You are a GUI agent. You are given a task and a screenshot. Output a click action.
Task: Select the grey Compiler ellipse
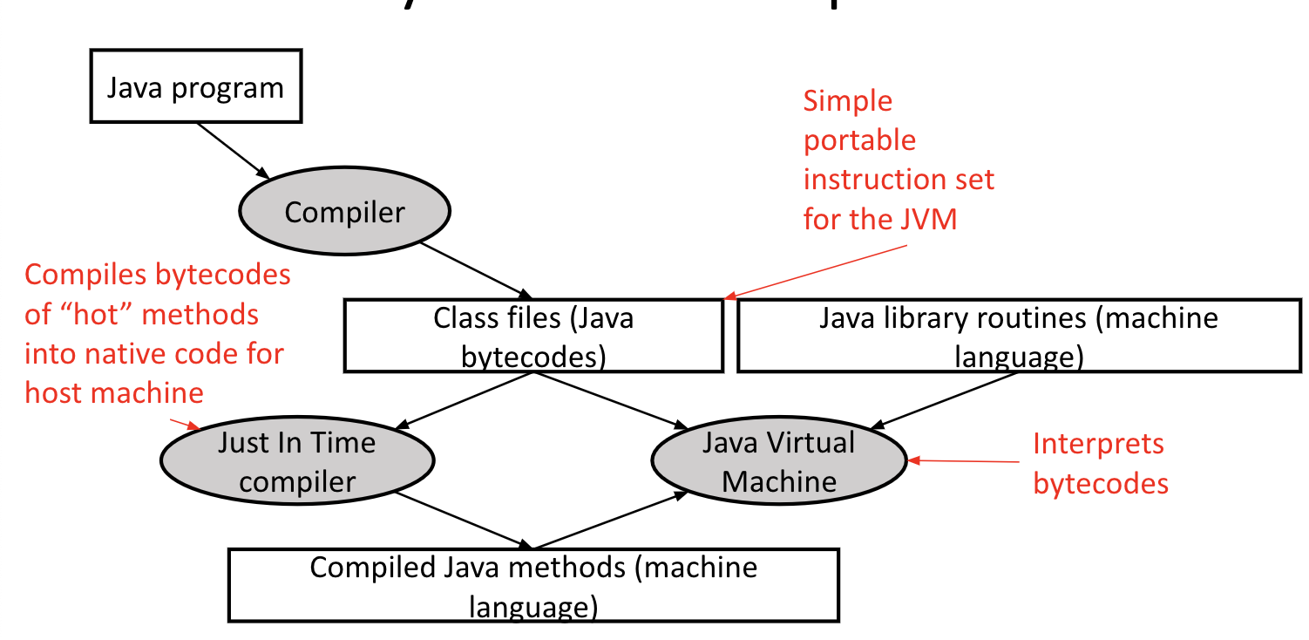coord(344,212)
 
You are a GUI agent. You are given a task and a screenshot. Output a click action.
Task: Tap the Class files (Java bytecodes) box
coord(533,337)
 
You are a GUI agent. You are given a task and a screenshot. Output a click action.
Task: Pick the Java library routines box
coord(1019,337)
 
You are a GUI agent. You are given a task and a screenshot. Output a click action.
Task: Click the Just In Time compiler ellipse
coord(297,462)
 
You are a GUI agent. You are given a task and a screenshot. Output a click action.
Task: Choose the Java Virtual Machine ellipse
coord(779,462)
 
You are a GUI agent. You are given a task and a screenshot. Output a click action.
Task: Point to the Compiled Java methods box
coord(533,585)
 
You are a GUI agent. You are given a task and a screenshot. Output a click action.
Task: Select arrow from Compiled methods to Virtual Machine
coord(610,520)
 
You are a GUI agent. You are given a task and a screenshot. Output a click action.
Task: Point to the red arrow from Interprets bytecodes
coord(963,460)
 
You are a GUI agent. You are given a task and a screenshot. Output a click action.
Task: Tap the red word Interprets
coord(1098,444)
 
